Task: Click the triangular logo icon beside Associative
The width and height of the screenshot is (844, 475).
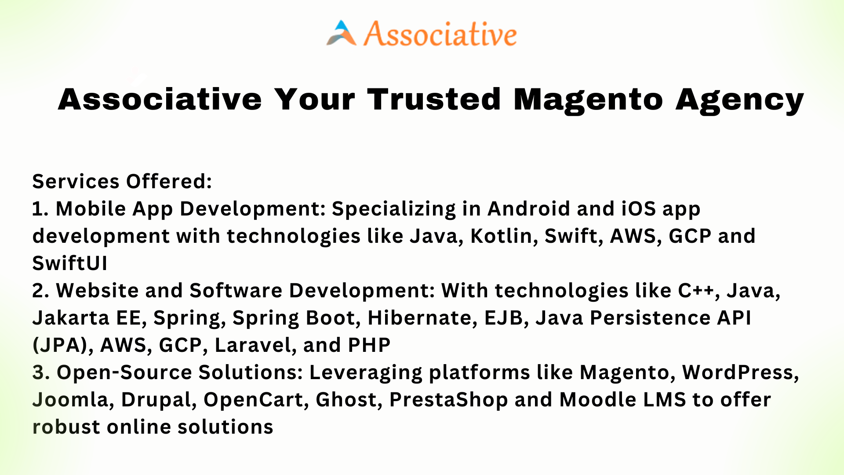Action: [341, 33]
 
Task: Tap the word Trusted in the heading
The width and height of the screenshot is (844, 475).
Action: [434, 99]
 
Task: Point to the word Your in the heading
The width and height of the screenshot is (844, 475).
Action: [314, 99]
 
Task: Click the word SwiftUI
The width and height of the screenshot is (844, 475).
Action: [70, 263]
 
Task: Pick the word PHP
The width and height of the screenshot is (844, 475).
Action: [369, 345]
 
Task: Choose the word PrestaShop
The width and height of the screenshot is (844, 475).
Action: [449, 400]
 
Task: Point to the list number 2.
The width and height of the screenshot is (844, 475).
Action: [40, 291]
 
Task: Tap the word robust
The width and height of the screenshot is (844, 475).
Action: [66, 427]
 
